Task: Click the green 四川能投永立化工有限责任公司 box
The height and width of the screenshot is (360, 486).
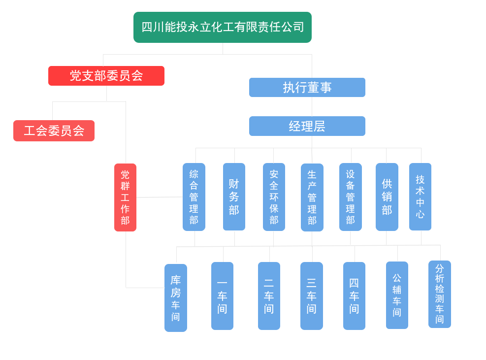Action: coord(222,27)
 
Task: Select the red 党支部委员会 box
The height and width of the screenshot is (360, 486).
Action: coord(106,76)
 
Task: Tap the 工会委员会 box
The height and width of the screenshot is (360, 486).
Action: coord(54,131)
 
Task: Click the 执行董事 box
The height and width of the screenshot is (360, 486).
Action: coord(307,87)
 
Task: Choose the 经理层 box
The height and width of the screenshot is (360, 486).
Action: coord(307,126)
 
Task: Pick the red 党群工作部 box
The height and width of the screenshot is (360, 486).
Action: coord(125,197)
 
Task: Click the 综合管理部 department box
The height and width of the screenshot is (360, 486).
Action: coord(194,197)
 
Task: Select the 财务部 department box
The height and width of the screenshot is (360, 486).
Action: coord(234,197)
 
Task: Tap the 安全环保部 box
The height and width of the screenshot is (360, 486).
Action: coord(274,197)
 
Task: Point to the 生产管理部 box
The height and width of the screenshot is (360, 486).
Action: coord(312,197)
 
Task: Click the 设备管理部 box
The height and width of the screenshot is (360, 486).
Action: coord(350,197)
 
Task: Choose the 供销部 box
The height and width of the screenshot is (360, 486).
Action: coord(387,197)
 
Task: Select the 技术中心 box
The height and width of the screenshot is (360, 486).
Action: coord(420,197)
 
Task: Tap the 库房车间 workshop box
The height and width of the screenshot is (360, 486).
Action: coord(176,298)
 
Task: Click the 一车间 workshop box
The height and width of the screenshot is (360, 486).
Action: coord(222,296)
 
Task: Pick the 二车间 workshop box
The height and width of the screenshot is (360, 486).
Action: coord(269,296)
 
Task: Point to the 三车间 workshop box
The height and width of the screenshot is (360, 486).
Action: coord(312,296)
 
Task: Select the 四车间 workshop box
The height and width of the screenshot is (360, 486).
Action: coord(354,296)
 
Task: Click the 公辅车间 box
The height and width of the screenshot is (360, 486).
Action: coord(397,295)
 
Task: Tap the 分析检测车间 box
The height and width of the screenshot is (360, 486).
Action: coord(440,294)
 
